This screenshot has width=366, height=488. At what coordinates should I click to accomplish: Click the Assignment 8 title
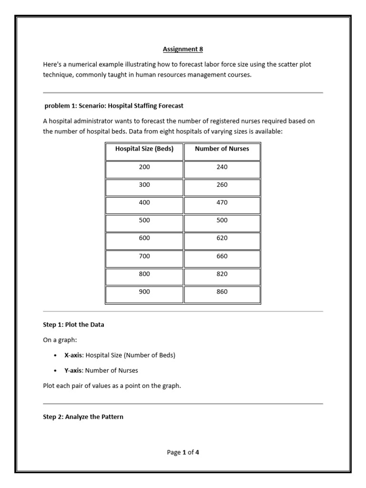(183, 49)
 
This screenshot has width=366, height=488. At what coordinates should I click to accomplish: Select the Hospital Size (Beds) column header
(144, 149)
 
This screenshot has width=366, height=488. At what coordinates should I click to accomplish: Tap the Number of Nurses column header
(222, 149)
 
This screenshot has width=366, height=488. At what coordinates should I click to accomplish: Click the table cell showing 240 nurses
(222, 167)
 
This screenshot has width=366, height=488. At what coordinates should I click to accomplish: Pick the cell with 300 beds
(144, 185)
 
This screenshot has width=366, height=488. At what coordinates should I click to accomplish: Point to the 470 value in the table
(222, 203)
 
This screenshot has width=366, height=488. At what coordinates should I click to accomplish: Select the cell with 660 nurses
(222, 256)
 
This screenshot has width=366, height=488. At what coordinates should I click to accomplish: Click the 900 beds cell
(144, 292)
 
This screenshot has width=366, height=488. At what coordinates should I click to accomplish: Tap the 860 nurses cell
(222, 292)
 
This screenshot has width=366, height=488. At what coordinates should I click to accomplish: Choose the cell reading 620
(222, 238)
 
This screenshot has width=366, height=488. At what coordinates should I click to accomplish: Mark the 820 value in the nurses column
(222, 274)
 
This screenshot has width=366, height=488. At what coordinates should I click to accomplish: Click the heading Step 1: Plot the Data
(73, 325)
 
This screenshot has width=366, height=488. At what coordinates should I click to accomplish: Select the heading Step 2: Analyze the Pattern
(83, 417)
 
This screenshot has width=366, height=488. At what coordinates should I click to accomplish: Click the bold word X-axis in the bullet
(73, 356)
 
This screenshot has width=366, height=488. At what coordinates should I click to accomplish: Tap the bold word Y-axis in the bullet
(73, 370)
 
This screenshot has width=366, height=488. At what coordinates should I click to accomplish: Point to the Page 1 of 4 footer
(183, 453)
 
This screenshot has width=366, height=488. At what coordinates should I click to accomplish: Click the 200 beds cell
(144, 167)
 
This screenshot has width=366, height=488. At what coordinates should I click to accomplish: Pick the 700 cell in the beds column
(144, 256)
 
